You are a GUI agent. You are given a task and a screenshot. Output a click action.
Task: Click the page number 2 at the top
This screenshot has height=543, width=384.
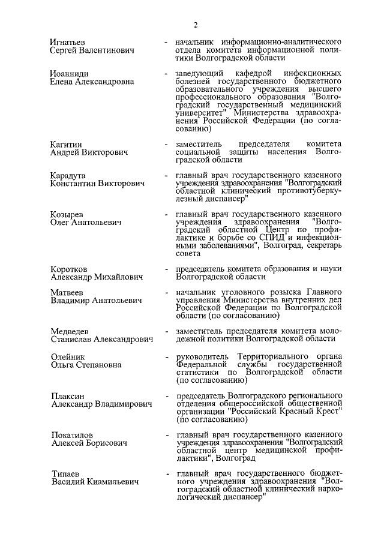pyautogui.click(x=196, y=25)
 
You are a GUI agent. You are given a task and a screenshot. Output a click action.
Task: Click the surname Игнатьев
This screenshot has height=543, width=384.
pyautogui.click(x=68, y=43)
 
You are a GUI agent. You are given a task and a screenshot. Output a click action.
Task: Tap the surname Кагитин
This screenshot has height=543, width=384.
pyautogui.click(x=67, y=144)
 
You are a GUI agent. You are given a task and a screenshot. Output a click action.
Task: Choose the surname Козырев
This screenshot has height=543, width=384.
pyautogui.click(x=67, y=214)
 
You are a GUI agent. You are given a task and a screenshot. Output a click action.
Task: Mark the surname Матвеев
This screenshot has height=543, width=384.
pyautogui.click(x=67, y=292)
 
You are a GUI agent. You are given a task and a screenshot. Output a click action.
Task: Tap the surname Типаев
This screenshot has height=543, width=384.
pyautogui.click(x=65, y=473)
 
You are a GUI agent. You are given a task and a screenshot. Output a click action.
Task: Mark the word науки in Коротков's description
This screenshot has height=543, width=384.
pyautogui.click(x=329, y=269)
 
